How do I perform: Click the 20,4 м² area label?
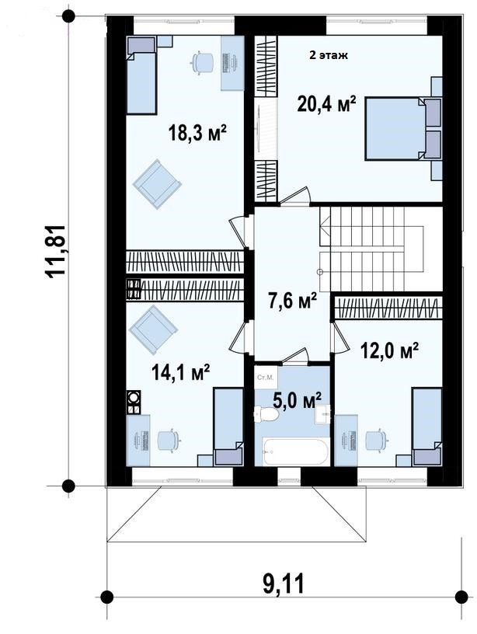point(326,104)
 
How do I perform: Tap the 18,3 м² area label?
point(197,133)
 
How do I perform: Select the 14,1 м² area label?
point(180,372)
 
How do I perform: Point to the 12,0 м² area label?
point(389,350)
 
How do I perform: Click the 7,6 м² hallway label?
point(292,301)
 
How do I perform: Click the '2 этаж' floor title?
point(329,55)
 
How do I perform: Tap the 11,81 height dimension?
point(56,251)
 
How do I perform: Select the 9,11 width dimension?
point(284,583)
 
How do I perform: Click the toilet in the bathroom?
point(266,414)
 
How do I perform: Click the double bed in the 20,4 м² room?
point(403,128)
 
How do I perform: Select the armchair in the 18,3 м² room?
point(157,184)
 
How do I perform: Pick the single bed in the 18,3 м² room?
point(141,75)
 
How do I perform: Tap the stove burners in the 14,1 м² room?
point(134,398)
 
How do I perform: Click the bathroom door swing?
point(297,354)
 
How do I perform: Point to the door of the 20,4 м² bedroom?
point(295,196)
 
